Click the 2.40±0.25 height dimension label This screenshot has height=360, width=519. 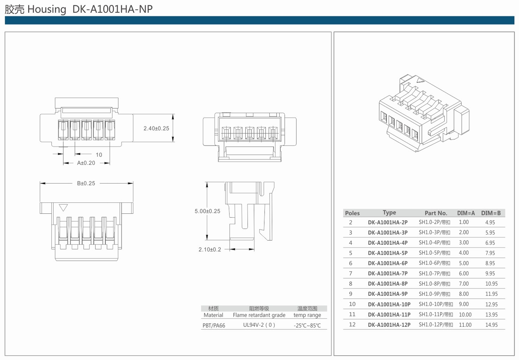tap(156, 128)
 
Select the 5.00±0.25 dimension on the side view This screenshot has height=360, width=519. tap(207, 211)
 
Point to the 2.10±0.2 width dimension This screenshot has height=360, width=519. tap(210, 249)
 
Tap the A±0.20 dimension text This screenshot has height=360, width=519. tap(86, 163)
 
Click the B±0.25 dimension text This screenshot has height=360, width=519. tap(86, 183)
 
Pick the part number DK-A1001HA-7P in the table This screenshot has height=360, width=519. tap(388, 274)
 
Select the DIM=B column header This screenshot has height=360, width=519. tap(491, 213)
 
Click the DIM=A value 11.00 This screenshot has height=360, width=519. tap(465, 325)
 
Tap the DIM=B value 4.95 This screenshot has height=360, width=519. tap(490, 222)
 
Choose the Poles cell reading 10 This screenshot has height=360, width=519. tap(352, 304)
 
